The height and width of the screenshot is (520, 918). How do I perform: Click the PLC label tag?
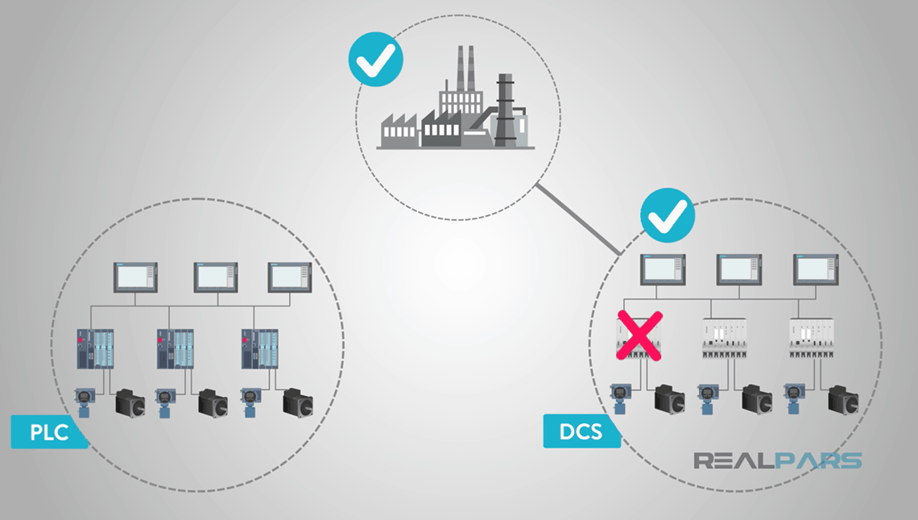pyautogui.click(x=48, y=432)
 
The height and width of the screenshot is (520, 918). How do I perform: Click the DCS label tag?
pyautogui.click(x=581, y=431)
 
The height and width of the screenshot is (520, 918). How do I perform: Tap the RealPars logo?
pyautogui.click(x=778, y=461)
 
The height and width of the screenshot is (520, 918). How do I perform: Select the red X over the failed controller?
pyautogui.click(x=639, y=335)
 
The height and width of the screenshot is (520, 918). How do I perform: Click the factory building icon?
pyautogui.click(x=456, y=109)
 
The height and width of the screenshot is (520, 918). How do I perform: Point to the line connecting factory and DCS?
pyautogui.click(x=578, y=221)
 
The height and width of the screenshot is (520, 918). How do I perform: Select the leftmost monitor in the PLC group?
pyautogui.click(x=136, y=277)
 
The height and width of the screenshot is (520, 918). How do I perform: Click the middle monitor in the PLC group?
pyautogui.click(x=215, y=277)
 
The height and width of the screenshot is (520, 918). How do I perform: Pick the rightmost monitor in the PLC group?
pyautogui.click(x=290, y=277)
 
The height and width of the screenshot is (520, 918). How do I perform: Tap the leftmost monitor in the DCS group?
pyautogui.click(x=663, y=269)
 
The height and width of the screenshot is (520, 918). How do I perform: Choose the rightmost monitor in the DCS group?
pyautogui.click(x=816, y=269)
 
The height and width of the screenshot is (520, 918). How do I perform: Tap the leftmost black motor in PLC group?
pyautogui.click(x=131, y=401)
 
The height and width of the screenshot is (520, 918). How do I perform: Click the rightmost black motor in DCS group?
pyautogui.click(x=843, y=399)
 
